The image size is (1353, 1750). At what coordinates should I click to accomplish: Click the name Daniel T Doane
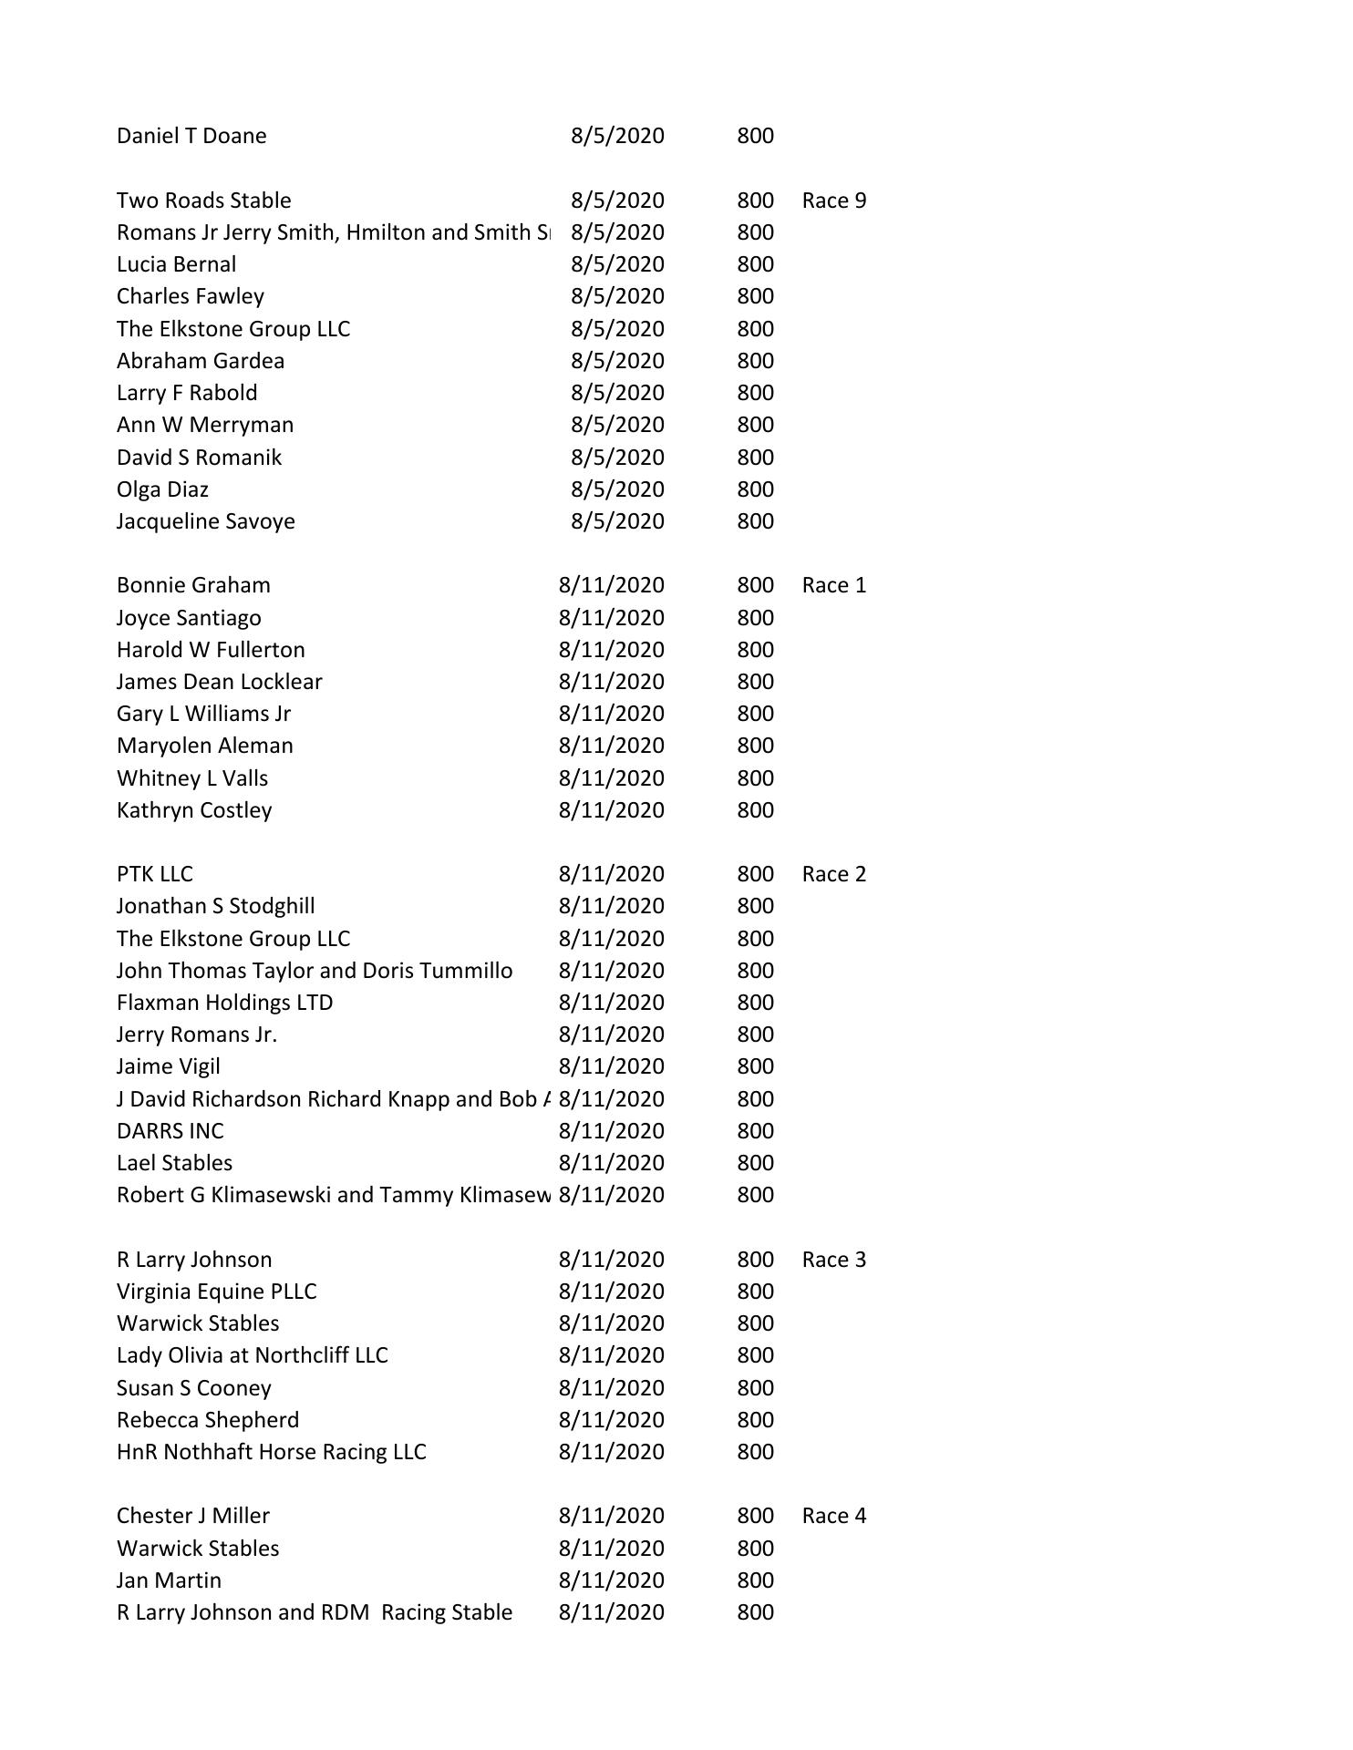[x=191, y=136]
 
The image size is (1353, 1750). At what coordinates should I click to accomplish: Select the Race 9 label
[x=833, y=201]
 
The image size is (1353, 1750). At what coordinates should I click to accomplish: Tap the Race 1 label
[x=833, y=585]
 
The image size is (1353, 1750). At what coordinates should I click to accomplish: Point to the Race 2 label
[x=833, y=874]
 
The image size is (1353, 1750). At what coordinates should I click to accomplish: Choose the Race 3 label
[x=833, y=1260]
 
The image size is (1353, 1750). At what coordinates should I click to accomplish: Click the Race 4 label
[x=833, y=1516]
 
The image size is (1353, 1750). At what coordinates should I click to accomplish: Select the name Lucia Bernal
[x=176, y=264]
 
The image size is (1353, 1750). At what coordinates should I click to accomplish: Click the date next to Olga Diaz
[x=617, y=489]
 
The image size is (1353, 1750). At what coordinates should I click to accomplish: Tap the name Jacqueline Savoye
[x=206, y=521]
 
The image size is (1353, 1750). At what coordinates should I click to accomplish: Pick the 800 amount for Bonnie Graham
[x=755, y=585]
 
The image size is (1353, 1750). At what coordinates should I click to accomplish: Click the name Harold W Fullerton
[x=211, y=650]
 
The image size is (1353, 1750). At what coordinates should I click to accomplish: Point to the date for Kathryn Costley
[x=611, y=810]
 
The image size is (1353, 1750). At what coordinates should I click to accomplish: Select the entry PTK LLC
[x=155, y=874]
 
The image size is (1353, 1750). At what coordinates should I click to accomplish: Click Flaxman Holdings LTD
[x=224, y=1003]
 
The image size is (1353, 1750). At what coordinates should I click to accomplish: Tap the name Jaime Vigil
[x=169, y=1066]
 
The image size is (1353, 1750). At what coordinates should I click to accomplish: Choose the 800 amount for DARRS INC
[x=755, y=1131]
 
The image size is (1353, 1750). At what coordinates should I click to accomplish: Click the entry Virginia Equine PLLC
[x=217, y=1292]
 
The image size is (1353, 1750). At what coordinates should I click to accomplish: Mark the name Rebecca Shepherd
[x=208, y=1420]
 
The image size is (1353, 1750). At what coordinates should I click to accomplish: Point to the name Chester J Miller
[x=193, y=1516]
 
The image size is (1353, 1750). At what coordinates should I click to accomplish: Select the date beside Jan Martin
[x=611, y=1580]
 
